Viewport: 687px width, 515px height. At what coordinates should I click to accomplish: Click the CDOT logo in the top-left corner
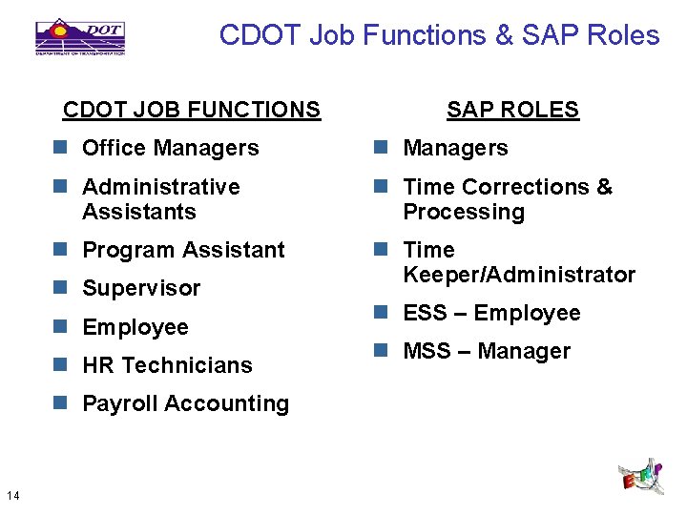pos(80,36)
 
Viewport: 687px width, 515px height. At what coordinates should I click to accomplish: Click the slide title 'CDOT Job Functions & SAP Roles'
pos(439,35)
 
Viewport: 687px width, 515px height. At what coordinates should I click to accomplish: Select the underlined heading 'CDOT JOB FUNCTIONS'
pos(192,110)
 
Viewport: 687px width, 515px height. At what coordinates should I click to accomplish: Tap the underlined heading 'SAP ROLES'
pos(512,110)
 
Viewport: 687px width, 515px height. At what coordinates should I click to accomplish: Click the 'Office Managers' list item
pos(170,148)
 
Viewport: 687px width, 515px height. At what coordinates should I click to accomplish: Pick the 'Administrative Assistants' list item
pos(160,198)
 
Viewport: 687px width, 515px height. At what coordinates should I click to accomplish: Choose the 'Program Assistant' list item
pos(183,250)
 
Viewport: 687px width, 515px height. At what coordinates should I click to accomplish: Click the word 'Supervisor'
pos(141,288)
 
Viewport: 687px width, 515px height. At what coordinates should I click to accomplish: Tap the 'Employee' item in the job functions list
pos(135,327)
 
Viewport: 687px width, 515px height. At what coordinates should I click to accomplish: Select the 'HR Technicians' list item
pos(167,365)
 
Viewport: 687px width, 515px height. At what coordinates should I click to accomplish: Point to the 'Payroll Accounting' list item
pos(185,403)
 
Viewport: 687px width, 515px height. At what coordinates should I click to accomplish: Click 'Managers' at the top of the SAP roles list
pos(455,148)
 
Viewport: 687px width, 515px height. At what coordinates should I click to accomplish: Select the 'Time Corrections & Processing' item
pos(507,198)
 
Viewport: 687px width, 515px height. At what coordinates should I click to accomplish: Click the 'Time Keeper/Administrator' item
pos(518,262)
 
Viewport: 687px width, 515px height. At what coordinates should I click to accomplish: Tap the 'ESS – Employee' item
pos(491,313)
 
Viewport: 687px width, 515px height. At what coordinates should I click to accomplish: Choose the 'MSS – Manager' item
pos(487,351)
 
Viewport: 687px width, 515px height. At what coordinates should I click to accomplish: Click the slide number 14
pos(13,494)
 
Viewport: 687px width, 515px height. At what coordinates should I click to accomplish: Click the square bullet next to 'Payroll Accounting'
pos(61,403)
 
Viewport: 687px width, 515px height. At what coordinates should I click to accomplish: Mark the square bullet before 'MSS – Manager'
pos(382,351)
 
